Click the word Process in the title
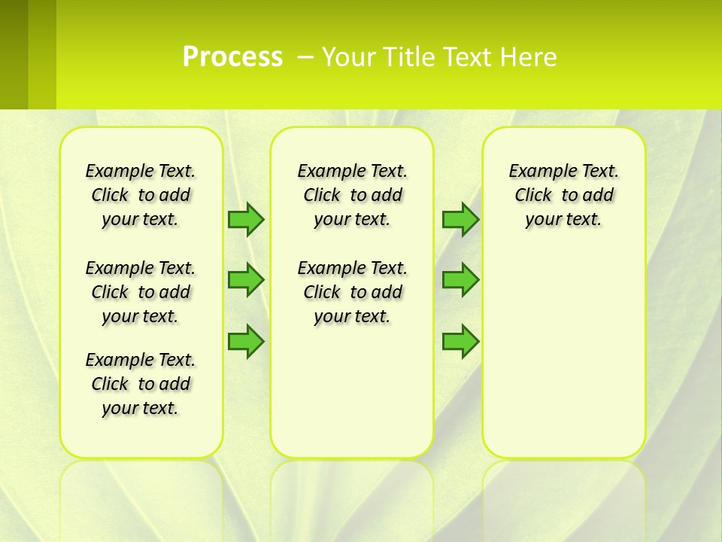pyautogui.click(x=232, y=56)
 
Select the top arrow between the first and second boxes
pyautogui.click(x=246, y=219)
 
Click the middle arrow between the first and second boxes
pyautogui.click(x=246, y=280)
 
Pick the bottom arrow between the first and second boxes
pyautogui.click(x=246, y=341)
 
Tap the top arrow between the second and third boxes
pyautogui.click(x=460, y=219)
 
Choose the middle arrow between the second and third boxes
pyautogui.click(x=460, y=280)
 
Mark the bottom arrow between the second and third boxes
pyautogui.click(x=460, y=341)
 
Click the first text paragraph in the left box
pyautogui.click(x=141, y=195)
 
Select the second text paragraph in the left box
pyautogui.click(x=141, y=292)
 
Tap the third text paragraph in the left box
pyautogui.click(x=141, y=384)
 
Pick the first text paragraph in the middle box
pyautogui.click(x=352, y=195)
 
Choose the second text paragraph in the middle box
pyautogui.click(x=352, y=292)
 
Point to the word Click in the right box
pyautogui.click(x=533, y=195)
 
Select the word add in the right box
pyautogui.click(x=599, y=195)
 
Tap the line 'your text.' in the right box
pyautogui.click(x=563, y=219)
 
